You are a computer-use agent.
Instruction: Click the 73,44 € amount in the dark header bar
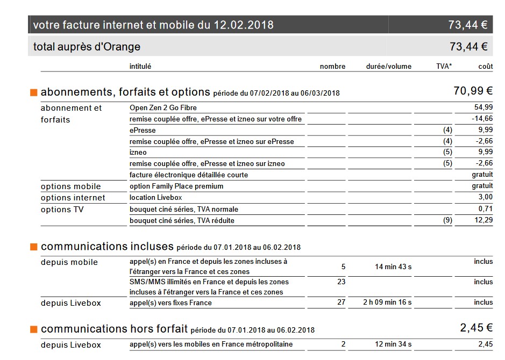coord(468,25)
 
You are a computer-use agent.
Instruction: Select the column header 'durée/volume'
coord(388,67)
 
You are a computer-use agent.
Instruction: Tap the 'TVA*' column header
coord(444,67)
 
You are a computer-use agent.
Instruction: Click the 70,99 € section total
coord(473,91)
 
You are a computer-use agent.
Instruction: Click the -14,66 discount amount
coord(482,119)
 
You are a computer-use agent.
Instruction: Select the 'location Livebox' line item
coord(155,198)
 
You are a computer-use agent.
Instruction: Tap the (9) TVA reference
coord(447,220)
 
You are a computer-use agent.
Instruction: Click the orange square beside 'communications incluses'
coord(34,247)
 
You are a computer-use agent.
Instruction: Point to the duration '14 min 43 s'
coord(393,267)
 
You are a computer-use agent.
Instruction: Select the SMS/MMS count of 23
coord(341,282)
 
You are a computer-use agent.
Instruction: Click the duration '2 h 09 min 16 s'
coord(387,303)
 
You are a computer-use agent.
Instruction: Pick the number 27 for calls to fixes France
coord(341,303)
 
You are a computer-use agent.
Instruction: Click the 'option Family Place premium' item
coord(176,186)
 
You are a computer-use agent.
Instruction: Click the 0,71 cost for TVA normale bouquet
coord(486,209)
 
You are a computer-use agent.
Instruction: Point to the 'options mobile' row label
coord(70,186)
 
